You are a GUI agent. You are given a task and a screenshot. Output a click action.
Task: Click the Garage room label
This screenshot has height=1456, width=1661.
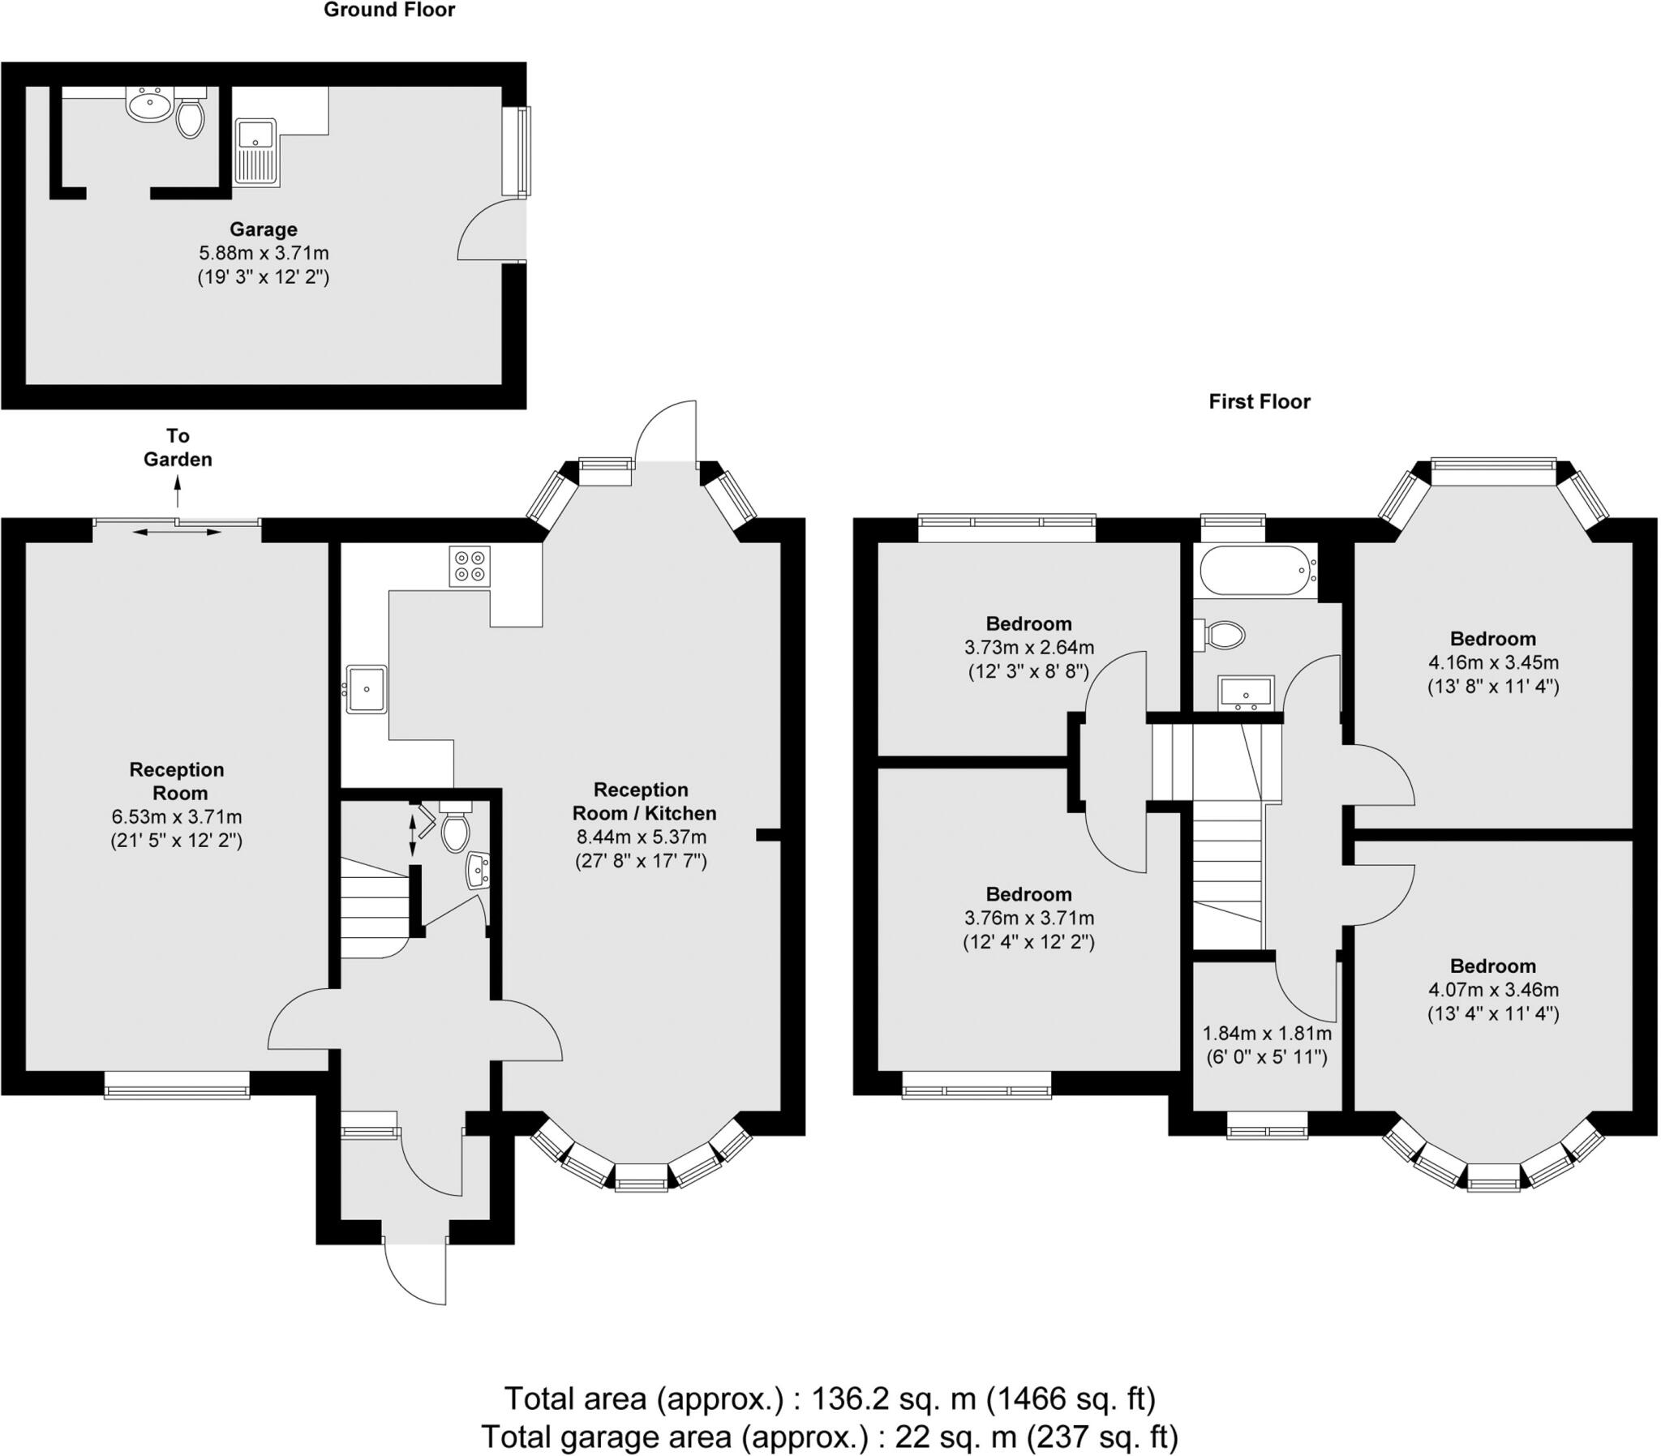[x=263, y=229]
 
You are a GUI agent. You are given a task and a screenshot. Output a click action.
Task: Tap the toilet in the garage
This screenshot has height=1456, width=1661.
[x=190, y=118]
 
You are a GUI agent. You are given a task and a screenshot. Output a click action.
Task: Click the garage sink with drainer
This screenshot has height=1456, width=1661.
[x=257, y=152]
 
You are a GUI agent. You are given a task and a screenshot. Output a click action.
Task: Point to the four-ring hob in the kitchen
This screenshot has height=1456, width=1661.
[x=470, y=567]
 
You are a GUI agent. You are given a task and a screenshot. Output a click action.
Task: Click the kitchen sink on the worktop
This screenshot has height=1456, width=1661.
[x=367, y=689]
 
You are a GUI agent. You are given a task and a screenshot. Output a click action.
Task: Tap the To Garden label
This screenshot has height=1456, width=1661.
[x=177, y=448]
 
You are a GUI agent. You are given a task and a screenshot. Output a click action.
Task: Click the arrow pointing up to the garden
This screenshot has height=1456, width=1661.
[x=177, y=492]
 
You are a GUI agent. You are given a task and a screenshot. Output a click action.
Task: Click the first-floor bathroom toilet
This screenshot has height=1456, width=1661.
[x=1222, y=636]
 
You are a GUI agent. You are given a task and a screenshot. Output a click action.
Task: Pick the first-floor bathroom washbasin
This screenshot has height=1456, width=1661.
[x=1246, y=693]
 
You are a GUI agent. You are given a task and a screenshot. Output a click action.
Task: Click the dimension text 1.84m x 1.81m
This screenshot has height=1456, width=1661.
[x=1266, y=1034]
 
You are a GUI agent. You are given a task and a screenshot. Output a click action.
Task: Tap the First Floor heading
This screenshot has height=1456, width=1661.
[x=1259, y=401]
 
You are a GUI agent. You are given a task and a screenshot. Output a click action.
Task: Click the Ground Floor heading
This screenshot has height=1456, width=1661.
[x=389, y=11]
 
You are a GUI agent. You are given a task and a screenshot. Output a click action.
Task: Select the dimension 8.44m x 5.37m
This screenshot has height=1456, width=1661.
[x=642, y=837]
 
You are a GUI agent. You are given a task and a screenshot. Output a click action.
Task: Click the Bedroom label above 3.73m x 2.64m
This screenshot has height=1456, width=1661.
[x=1028, y=624]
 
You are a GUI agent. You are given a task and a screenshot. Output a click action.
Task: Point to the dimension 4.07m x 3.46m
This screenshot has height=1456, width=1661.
[x=1493, y=990]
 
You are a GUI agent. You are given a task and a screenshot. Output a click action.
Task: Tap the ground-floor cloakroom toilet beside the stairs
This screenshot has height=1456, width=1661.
[x=455, y=830]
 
